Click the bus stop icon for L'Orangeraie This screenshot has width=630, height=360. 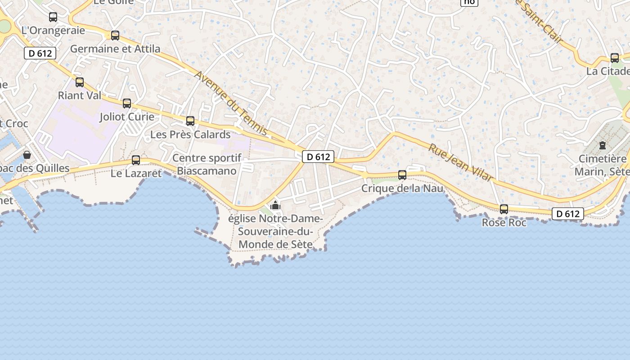53,17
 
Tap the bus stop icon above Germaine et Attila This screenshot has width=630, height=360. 115,35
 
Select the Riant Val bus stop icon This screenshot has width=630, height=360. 80,82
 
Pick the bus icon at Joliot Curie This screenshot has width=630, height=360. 127,103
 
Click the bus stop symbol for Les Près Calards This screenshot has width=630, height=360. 190,121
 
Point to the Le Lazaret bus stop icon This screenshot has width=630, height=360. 135,160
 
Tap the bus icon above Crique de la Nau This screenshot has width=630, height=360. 402,175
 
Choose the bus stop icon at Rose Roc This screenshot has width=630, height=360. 504,209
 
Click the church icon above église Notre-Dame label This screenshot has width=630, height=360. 275,206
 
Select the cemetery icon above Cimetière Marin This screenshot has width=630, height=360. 602,145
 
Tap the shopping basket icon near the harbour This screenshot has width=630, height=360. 27,155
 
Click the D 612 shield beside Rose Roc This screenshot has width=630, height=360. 568,214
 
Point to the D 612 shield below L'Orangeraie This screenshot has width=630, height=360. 40,53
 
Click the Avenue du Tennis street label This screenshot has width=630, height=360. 231,103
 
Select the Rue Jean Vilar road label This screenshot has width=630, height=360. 460,162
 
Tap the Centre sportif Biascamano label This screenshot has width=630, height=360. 207,164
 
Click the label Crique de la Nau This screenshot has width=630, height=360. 402,188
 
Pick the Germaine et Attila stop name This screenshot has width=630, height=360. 115,49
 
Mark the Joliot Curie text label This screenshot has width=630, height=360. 127,117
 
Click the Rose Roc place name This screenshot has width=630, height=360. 504,222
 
